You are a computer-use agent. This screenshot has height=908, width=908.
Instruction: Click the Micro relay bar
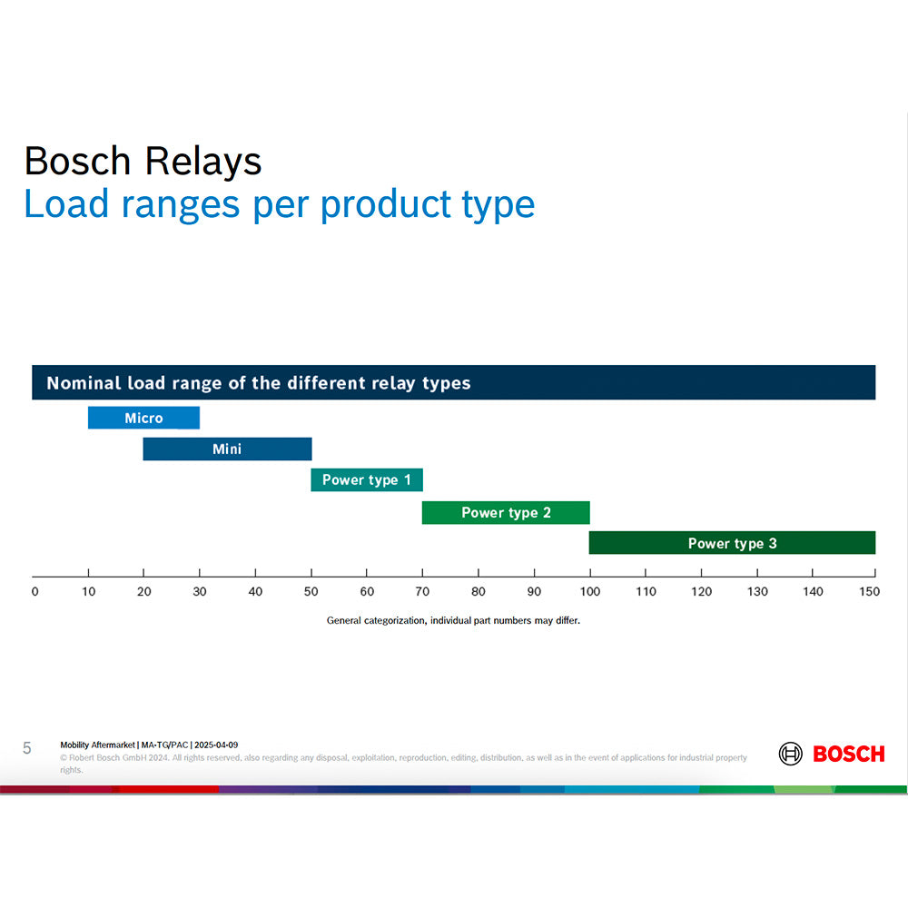(143, 418)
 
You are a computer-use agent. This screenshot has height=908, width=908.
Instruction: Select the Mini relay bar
(227, 449)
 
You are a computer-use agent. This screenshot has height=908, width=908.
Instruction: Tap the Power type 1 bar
(367, 479)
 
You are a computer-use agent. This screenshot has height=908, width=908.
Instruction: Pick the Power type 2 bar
(506, 512)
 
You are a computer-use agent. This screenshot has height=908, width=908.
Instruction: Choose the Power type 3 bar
(732, 543)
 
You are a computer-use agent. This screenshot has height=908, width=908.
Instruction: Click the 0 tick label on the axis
(35, 592)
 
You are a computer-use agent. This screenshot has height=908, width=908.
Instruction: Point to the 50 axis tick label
(311, 592)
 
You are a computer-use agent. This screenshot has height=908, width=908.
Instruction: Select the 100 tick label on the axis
(589, 592)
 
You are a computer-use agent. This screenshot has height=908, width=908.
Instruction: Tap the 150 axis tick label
(869, 592)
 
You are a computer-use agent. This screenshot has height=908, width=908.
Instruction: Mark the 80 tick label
(478, 592)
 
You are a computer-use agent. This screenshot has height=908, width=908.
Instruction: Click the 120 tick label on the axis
(701, 592)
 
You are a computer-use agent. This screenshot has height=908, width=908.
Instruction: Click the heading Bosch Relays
(143, 162)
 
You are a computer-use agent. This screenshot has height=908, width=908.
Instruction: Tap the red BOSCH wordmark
(848, 754)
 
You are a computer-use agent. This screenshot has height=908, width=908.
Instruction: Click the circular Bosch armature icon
(791, 754)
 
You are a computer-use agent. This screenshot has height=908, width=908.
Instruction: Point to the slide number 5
(27, 748)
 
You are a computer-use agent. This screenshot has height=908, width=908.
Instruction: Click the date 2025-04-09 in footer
(216, 745)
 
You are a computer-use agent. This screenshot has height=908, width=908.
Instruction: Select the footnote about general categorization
(452, 621)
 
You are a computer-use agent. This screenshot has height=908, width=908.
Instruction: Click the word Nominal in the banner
(84, 383)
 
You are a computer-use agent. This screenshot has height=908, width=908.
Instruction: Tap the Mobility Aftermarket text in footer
(98, 745)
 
